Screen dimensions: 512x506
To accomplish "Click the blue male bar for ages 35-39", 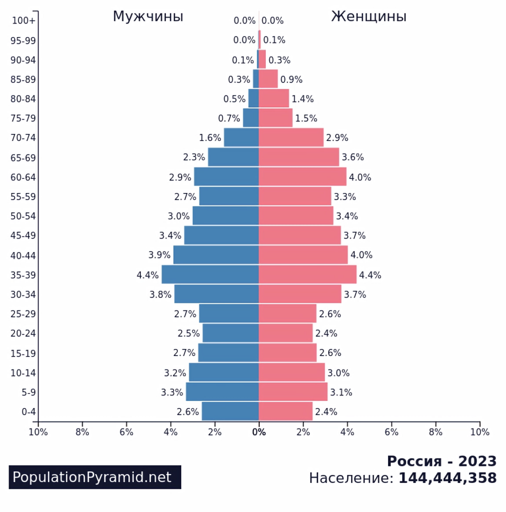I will pos(210,274).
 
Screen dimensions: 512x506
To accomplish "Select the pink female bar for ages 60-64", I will pos(302,177).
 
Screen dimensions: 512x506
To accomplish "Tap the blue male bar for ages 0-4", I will pos(230,411).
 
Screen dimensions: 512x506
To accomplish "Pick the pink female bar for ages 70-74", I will pos(291,137).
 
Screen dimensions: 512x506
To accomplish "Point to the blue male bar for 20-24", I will pos(230,333).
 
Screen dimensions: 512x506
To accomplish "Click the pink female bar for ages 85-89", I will pos(268,79).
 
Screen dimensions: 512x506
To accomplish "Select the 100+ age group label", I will pos(23,20).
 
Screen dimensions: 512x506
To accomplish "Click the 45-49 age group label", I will pos(23,235).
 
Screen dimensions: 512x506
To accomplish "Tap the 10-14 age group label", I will pos(23,372).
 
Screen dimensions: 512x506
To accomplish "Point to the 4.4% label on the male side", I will pos(147,275).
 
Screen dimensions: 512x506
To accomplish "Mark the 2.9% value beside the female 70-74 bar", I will pos(337,138).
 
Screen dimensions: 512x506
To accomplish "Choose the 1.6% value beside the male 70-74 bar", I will pos(210,138).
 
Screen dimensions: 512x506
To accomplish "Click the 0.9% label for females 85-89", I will pos(291,79).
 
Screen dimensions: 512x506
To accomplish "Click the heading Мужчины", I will pos(148,16).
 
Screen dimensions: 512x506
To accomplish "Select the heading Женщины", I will pos(369,16).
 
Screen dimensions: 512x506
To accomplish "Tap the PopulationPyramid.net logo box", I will pos(95,477).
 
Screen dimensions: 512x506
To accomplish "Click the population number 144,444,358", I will pos(447,478).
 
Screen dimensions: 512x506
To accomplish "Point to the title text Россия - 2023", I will pos(442,460).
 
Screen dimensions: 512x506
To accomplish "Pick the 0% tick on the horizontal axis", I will pos(259,432).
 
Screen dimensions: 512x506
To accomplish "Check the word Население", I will pos(351,478).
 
